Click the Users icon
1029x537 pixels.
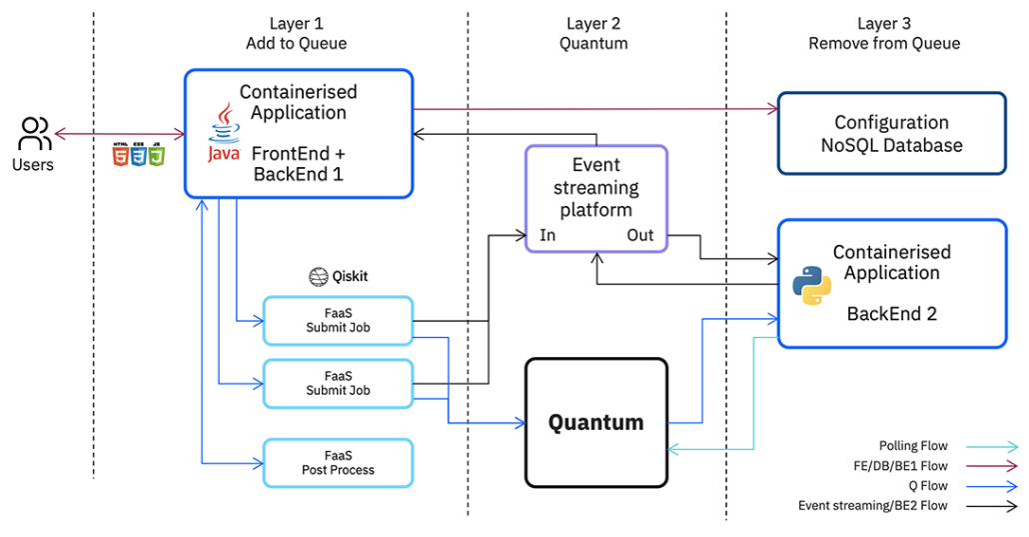tap(35, 134)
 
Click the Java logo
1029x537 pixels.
tap(223, 137)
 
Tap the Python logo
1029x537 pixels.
tap(811, 285)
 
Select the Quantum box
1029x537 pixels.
tap(595, 422)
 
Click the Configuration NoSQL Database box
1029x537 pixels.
tap(891, 134)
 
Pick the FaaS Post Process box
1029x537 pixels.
tap(338, 463)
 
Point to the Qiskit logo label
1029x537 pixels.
tap(338, 277)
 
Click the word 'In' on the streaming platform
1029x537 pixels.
tap(547, 235)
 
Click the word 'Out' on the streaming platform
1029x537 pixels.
tap(639, 235)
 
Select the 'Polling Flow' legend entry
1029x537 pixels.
tap(913, 446)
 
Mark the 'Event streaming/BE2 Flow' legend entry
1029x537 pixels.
tap(872, 506)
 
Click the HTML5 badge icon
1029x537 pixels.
tap(121, 154)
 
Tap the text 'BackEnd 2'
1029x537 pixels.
tap(891, 313)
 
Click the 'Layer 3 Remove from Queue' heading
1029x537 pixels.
tap(884, 33)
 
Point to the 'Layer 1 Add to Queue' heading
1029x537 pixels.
tap(297, 33)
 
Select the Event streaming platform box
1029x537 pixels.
tap(595, 198)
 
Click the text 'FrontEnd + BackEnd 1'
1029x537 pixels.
tap(299, 164)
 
